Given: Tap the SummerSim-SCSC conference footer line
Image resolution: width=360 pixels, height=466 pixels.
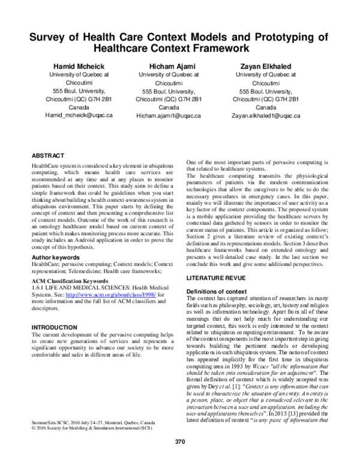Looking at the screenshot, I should pyautogui.click(x=90, y=439).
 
